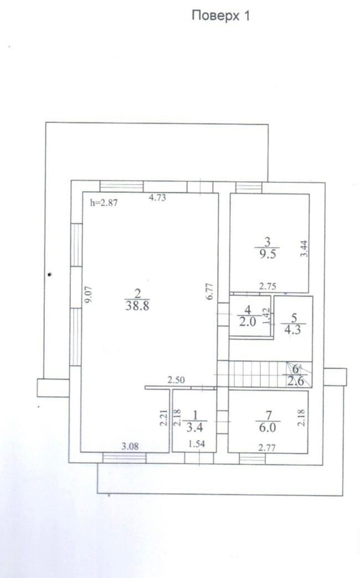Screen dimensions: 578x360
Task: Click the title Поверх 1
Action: pyautogui.click(x=220, y=16)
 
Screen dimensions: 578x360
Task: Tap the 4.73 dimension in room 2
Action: pyautogui.click(x=161, y=196)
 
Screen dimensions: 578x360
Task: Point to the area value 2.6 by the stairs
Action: pyautogui.click(x=294, y=379)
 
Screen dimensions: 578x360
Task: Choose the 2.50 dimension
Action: pyautogui.click(x=177, y=380)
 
